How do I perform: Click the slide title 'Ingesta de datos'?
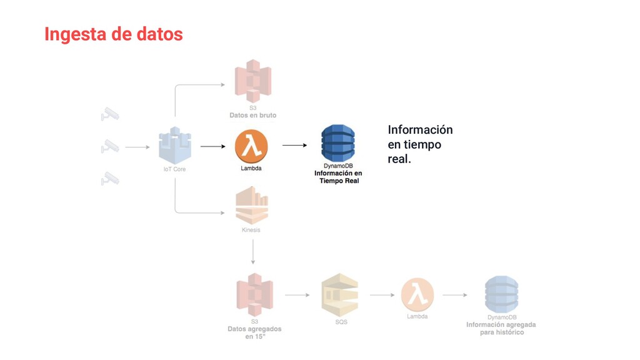pos(114,34)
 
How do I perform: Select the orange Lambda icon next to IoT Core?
pos(251,146)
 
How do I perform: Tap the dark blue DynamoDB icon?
pos(338,143)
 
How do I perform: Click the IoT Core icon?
pos(175,146)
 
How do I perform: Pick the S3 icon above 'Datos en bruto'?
pos(252,81)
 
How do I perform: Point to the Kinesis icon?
pos(252,206)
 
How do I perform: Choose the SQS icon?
pos(339,294)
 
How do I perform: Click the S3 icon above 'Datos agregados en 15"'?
pos(254,294)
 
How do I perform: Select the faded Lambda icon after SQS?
pos(417,294)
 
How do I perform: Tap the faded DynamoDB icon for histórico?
pos(501,294)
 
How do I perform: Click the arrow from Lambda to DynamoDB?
pos(294,145)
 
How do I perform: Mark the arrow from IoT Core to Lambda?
pos(212,146)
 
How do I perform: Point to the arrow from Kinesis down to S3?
pos(252,252)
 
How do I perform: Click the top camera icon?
pos(110,114)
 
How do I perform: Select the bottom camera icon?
pos(110,179)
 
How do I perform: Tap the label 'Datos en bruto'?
pos(252,116)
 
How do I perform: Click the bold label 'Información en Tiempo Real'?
pos(338,177)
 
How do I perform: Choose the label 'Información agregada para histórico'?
pos(501,329)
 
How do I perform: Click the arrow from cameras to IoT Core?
pos(137,147)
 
